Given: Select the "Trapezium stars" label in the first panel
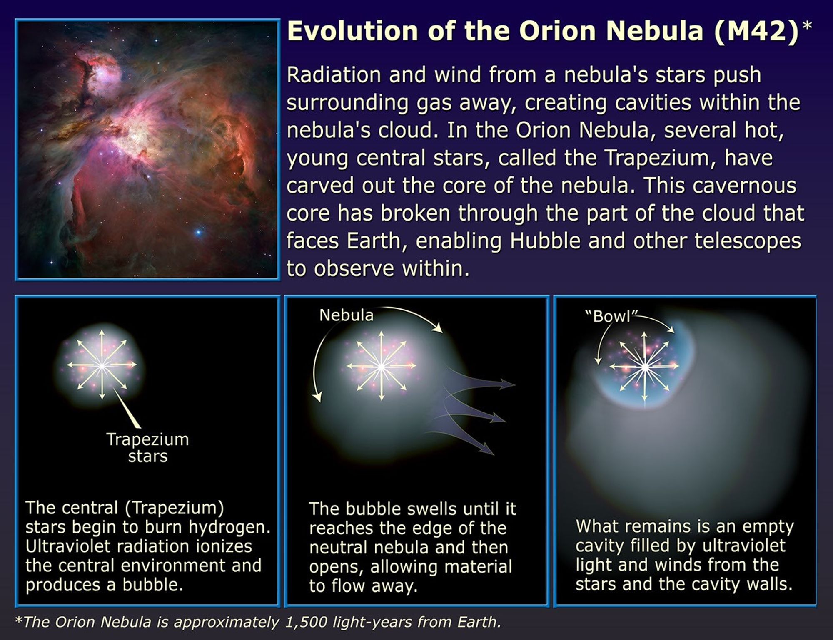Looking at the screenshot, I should [147, 448].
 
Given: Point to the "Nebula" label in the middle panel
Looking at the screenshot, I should [346, 315].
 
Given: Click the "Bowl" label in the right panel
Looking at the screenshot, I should [611, 317].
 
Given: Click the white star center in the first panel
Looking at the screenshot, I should [102, 365].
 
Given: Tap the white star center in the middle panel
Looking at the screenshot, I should [381, 367].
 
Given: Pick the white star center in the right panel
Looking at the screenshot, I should [644, 367].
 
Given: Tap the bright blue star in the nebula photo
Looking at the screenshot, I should [199, 232].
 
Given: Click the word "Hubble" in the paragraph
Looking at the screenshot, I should [545, 241].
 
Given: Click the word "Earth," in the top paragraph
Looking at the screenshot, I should [376, 241].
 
